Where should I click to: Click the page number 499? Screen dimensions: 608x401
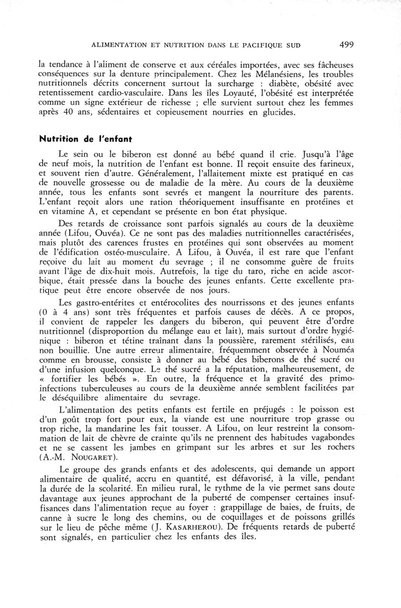point(346,45)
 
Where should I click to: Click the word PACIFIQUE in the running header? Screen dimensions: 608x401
point(261,45)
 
